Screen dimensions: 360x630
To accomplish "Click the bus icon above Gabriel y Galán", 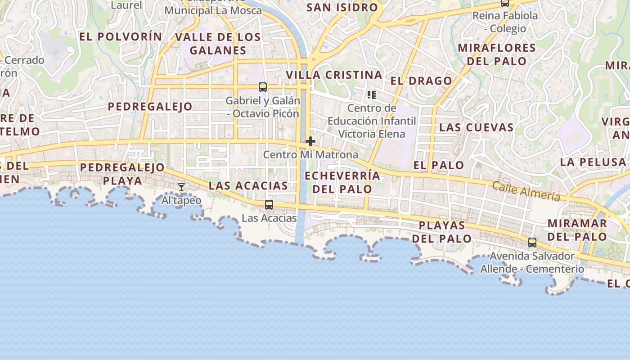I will [x=263, y=87].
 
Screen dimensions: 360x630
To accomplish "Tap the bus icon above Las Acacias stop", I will [x=269, y=205].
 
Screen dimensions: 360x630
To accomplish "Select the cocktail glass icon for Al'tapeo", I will [x=181, y=187].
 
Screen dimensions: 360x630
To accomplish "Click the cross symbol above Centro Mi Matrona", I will [x=310, y=141].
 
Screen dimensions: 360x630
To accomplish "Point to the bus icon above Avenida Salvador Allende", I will [x=532, y=243].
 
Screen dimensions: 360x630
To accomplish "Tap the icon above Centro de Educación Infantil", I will [x=371, y=94].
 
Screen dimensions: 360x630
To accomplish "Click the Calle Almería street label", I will [x=526, y=191].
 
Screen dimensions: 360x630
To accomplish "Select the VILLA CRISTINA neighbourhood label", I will [x=334, y=75].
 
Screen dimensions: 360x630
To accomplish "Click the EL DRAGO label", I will [x=421, y=81].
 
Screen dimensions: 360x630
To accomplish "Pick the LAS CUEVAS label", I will [x=476, y=127].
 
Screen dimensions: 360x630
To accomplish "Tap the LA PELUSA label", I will [x=593, y=162].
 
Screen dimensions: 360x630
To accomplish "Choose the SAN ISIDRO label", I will [x=342, y=7].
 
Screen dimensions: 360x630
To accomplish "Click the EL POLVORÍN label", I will [x=121, y=37].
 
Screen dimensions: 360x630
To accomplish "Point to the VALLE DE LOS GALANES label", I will [x=218, y=44].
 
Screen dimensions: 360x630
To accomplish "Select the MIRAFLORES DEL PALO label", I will [x=496, y=54].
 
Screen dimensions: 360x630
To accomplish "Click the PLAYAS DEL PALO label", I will [x=442, y=232].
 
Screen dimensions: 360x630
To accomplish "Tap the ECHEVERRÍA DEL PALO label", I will [x=342, y=182].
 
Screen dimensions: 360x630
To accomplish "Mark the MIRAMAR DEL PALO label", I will [x=577, y=229].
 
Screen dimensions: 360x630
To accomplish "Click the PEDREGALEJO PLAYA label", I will [x=122, y=174].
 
